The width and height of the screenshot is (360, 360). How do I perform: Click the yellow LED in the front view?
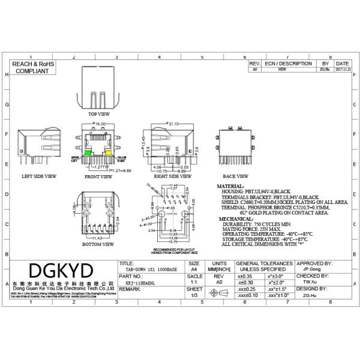(x=109, y=153)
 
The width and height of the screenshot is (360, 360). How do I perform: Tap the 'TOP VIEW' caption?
(x=99, y=113)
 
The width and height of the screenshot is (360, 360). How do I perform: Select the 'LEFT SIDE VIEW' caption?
(x=39, y=177)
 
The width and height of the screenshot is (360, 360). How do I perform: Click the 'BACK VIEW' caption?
(x=235, y=177)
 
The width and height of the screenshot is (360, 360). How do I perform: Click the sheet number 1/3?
(x=193, y=295)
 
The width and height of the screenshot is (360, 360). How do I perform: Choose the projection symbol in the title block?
(x=219, y=292)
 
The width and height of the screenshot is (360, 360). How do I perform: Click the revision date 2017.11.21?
(x=343, y=69)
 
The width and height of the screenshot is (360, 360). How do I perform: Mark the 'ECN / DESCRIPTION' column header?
(x=289, y=63)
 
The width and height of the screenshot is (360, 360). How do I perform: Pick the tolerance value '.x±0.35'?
(x=245, y=275)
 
